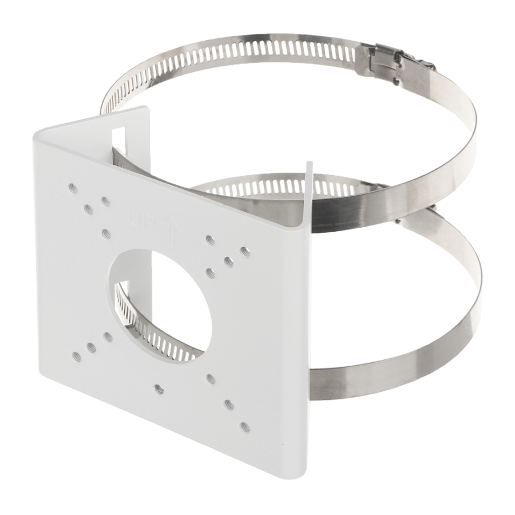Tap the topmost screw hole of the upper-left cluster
[73, 187]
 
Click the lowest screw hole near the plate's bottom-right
[245, 426]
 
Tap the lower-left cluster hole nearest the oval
[106, 336]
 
